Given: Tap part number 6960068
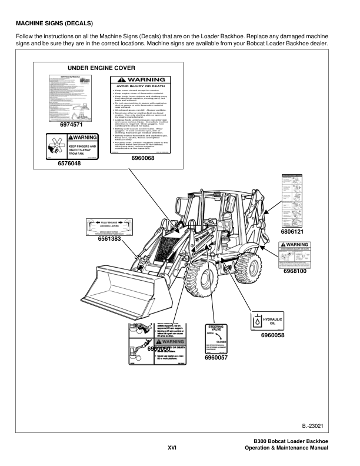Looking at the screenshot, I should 144,158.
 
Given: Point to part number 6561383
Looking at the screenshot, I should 109,239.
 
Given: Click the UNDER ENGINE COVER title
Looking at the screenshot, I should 102,68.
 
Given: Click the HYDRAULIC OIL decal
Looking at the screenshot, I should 267,321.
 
